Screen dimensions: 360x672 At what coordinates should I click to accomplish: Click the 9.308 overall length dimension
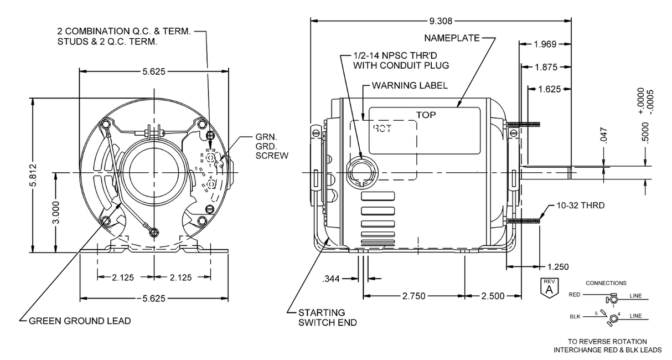tap(441, 22)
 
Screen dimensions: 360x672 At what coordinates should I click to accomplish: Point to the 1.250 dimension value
tap(558, 266)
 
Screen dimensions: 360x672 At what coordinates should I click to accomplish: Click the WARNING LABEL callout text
tap(410, 86)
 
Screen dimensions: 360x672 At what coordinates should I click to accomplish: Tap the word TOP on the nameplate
tap(426, 115)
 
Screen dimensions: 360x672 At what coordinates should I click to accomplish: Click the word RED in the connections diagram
tap(575, 295)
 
